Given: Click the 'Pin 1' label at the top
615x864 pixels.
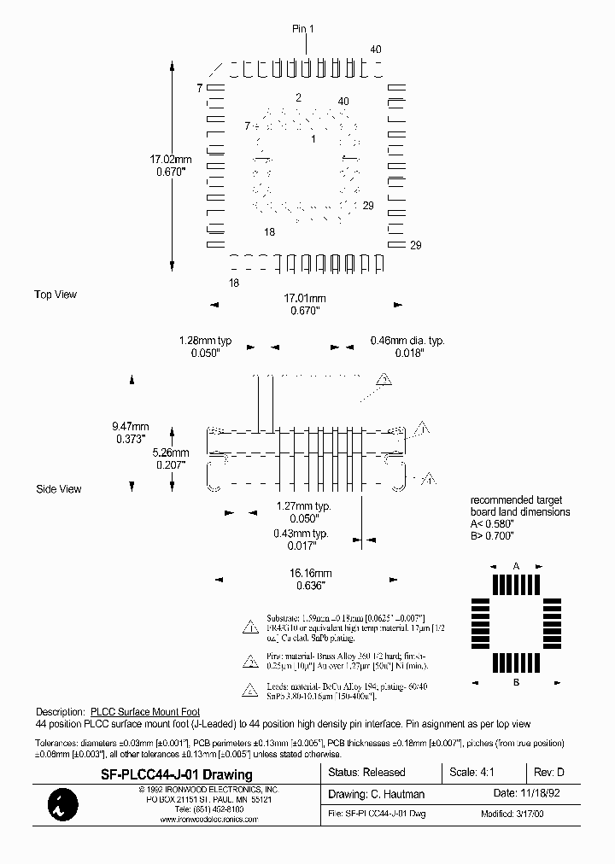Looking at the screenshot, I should point(303,29).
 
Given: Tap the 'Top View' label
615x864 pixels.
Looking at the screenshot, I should point(56,295).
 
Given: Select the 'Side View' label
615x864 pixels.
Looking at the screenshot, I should point(59,489).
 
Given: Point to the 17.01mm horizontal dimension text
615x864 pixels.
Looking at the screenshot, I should point(305,298).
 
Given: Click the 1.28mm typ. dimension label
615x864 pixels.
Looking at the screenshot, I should point(205,341).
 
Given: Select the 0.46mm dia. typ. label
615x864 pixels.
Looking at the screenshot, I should point(407,341).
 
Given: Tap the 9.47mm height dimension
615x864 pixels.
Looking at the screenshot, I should point(131,427).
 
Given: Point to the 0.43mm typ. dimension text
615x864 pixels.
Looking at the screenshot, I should point(301,534).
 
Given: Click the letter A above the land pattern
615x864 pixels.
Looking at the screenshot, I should point(516,566).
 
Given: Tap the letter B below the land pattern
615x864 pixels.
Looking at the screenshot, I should point(516,682).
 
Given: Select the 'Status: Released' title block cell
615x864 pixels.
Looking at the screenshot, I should point(366,773).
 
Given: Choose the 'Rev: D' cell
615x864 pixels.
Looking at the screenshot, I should point(548,773).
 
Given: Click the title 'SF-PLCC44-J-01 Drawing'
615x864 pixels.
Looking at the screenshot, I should point(178,775).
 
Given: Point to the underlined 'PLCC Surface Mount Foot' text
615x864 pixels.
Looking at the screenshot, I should point(144,711).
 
